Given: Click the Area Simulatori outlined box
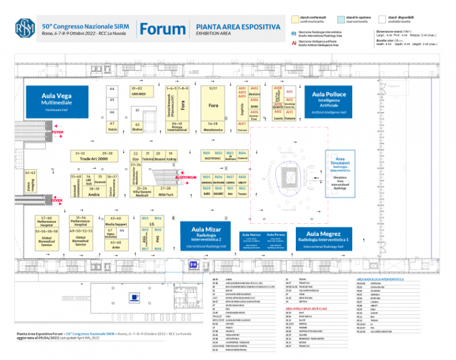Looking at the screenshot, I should pyautogui.click(x=340, y=173).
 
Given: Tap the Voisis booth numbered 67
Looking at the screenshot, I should pyautogui.click(x=112, y=127).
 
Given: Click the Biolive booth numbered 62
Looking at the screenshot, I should pyautogui.click(x=137, y=127).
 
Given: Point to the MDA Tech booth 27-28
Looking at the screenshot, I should pyautogui.click(x=166, y=191).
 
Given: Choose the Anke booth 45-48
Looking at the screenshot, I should pyautogui.click(x=116, y=244).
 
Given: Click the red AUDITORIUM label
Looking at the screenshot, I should pyautogui.click(x=185, y=178).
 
